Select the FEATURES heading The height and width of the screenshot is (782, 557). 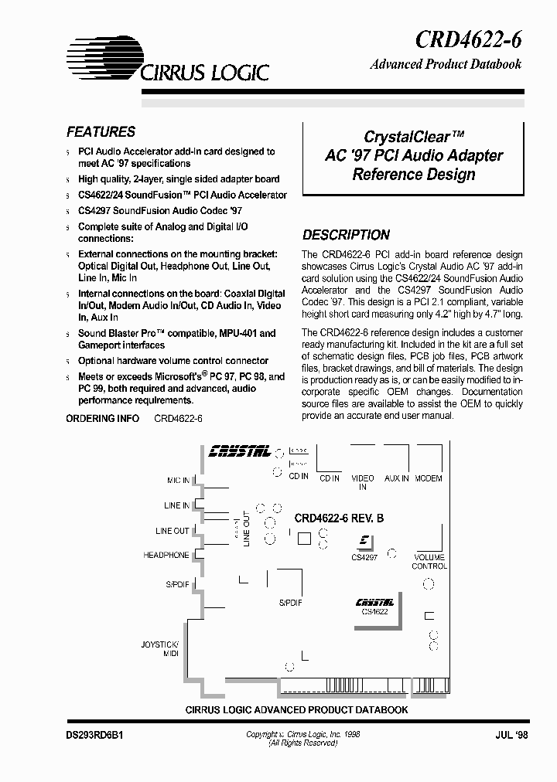point(101,132)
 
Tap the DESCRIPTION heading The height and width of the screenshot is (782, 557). point(346,235)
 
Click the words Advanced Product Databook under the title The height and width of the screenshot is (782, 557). point(446,65)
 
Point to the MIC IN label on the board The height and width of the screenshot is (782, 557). point(178,481)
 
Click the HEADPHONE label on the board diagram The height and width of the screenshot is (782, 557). point(166,556)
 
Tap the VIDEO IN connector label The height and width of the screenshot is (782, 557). point(363,483)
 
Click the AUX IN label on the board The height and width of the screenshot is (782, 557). point(397,478)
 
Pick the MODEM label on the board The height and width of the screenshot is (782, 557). point(429,478)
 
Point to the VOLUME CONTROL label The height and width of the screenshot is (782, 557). point(429,562)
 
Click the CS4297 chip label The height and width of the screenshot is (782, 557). point(364,557)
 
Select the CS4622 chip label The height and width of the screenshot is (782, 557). point(374,610)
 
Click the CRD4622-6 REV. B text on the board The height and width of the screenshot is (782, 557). point(339,519)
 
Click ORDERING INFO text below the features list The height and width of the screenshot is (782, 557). point(102,418)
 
